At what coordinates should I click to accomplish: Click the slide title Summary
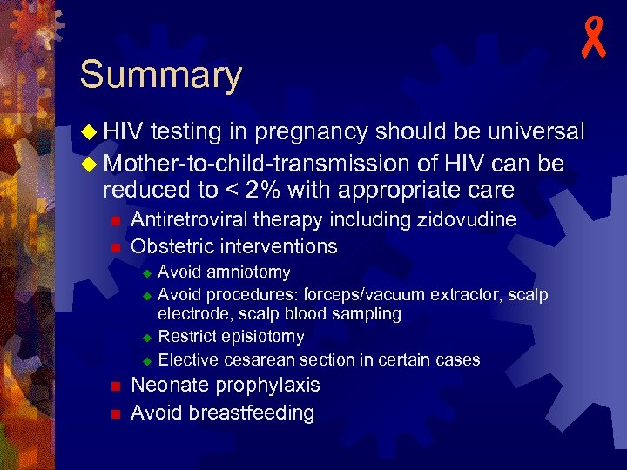(160, 75)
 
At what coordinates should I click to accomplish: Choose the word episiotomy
(261, 337)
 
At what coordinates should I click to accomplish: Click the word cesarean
(256, 359)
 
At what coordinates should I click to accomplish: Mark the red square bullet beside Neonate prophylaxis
(114, 386)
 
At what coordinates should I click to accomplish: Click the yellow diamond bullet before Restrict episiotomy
(147, 337)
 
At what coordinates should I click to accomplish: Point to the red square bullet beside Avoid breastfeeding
(114, 413)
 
